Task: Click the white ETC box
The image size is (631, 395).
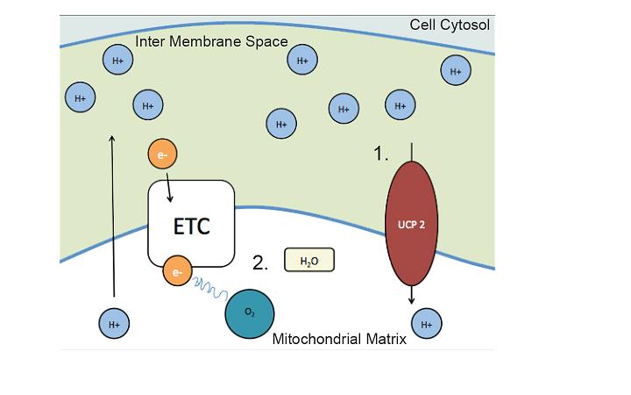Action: click(190, 223)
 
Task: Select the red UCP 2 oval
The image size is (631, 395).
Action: click(411, 223)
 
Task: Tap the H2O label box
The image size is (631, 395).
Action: click(309, 260)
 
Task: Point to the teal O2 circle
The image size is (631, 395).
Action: click(250, 313)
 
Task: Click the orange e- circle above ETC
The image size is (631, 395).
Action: click(162, 155)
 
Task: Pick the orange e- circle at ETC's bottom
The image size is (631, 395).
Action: click(176, 272)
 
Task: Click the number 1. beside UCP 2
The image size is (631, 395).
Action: click(380, 154)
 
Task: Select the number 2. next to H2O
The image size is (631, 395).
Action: click(259, 262)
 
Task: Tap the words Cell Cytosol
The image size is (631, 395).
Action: click(450, 25)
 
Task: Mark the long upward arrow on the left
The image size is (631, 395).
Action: click(112, 219)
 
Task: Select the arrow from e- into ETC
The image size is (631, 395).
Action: click(168, 185)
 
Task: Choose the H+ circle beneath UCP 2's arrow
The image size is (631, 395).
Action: click(427, 324)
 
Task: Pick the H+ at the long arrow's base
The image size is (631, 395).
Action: click(114, 324)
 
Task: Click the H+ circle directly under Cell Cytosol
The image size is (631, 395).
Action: click(455, 70)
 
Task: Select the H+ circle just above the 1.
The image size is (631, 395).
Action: click(401, 105)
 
